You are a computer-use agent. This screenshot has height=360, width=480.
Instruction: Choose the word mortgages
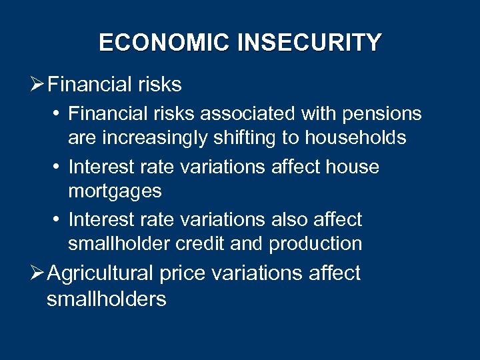115,191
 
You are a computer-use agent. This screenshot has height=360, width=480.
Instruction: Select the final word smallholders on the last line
107,299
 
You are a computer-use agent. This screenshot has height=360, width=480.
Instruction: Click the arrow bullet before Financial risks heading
38,85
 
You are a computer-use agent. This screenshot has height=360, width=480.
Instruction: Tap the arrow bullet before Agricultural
38,273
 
